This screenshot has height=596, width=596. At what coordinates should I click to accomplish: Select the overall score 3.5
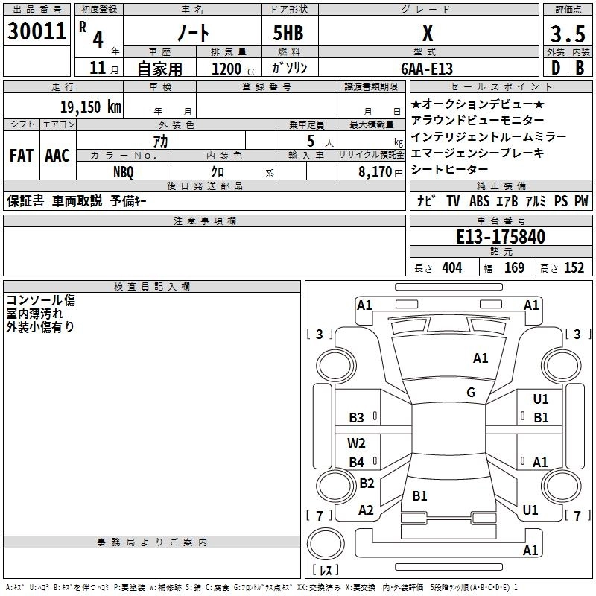pos(567,34)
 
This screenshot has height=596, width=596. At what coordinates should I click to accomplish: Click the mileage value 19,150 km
pos(90,107)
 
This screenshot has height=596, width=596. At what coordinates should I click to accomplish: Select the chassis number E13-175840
pos(500,237)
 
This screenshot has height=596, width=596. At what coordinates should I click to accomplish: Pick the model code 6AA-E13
pos(426,68)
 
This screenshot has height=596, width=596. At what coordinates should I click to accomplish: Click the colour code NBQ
pos(123,170)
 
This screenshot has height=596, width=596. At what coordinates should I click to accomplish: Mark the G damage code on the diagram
pos(471,393)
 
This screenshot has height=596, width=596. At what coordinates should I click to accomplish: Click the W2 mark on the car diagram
pos(357,443)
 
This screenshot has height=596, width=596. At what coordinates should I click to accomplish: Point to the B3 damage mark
pos(357,417)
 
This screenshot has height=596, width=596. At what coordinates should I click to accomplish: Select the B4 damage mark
pos(357,462)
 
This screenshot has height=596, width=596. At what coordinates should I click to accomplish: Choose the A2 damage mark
pos(366,510)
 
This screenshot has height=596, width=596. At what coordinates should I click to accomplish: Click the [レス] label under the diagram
pos(326,570)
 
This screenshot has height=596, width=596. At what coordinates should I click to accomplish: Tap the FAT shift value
pos(21,156)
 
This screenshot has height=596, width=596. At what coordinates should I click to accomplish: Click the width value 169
pos(514,267)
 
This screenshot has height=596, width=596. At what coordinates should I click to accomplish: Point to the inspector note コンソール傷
pos(41,300)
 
